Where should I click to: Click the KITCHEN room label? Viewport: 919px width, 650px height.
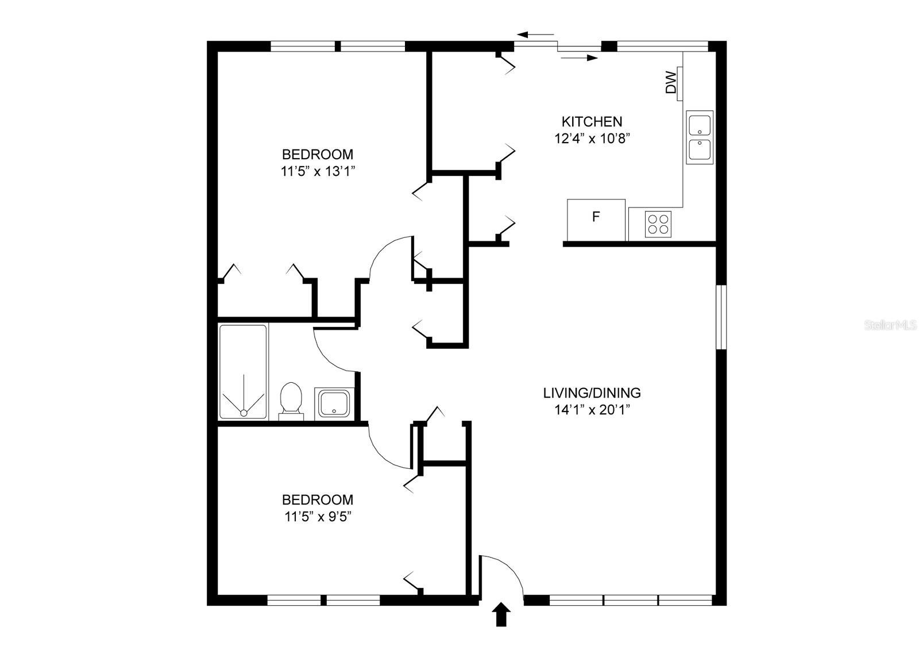tap(591, 121)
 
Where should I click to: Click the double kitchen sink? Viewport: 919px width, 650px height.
tap(699, 137)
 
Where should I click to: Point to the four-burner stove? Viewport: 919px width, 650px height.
tap(658, 224)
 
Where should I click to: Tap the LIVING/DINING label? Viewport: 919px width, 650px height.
tap(592, 393)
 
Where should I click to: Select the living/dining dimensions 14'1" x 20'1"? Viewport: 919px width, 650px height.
tap(592, 410)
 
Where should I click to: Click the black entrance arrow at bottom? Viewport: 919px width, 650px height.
tap(501, 614)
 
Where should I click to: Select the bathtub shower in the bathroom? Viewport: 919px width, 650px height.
tap(243, 372)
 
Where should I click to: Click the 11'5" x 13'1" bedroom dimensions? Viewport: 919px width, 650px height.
tap(317, 171)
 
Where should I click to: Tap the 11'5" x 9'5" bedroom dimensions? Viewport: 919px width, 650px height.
tap(317, 516)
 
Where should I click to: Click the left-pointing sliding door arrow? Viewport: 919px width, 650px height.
tap(535, 35)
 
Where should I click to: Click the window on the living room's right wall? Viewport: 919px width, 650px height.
tap(721, 317)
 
